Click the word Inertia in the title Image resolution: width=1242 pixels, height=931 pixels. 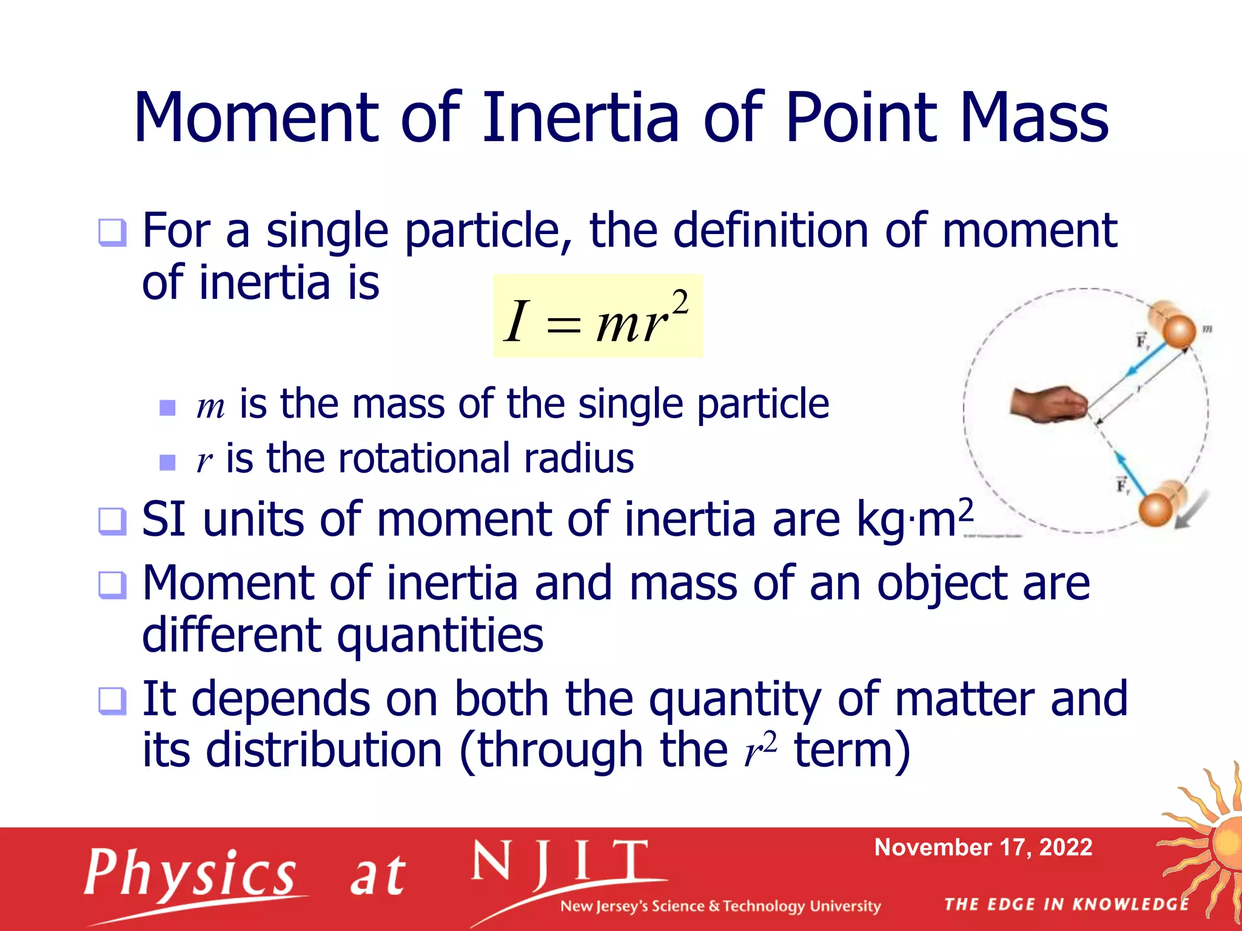pos(580,118)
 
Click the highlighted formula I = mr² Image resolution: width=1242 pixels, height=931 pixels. pos(597,316)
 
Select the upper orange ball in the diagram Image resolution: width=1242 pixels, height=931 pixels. pos(1178,332)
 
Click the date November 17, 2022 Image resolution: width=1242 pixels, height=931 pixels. pos(983,847)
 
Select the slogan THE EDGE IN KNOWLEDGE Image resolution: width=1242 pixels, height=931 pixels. pos(1067,904)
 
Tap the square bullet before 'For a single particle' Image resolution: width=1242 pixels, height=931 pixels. pos(113,233)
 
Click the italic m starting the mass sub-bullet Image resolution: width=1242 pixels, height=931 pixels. pos(210,406)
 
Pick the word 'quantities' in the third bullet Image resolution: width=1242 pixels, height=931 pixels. pos(440,635)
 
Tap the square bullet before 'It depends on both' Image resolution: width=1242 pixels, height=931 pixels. pos(113,701)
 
